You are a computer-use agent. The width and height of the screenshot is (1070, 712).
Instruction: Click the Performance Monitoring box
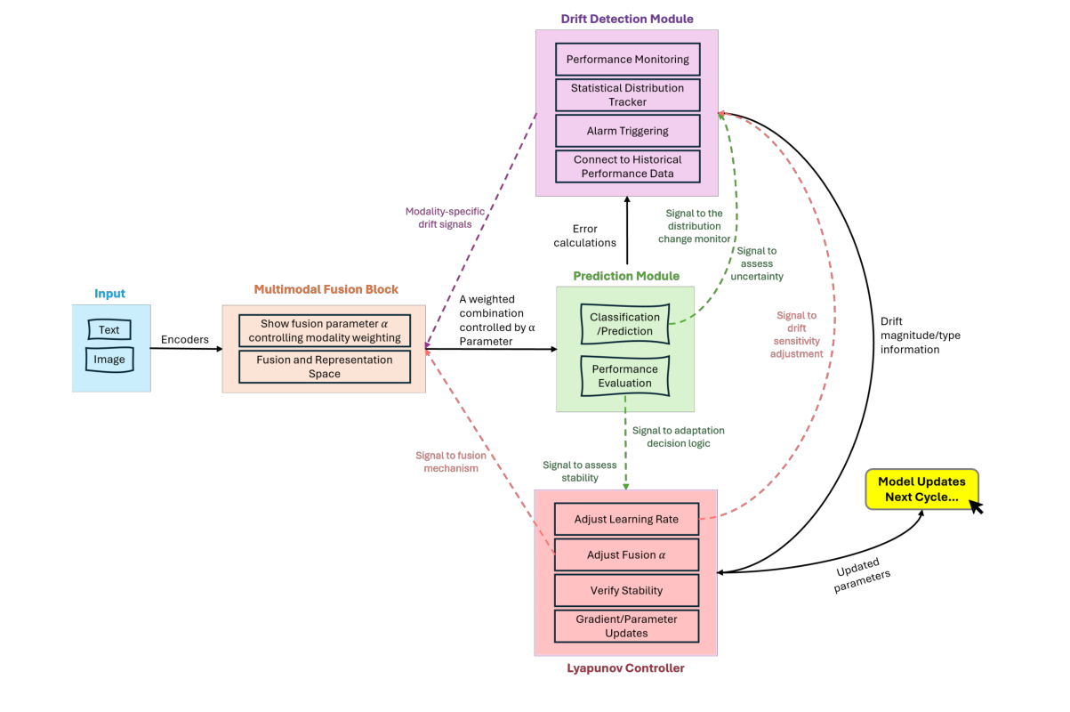pyautogui.click(x=627, y=60)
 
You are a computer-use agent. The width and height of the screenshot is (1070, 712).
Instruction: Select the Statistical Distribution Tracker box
pyautogui.click(x=627, y=95)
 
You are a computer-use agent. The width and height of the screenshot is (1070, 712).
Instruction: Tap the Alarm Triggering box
pyautogui.click(x=627, y=131)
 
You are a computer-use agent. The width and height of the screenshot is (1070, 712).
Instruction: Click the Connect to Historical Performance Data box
pyautogui.click(x=627, y=166)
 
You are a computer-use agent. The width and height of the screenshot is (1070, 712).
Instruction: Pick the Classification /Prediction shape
pyautogui.click(x=625, y=324)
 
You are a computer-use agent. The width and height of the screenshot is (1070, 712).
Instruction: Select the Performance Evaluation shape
pyautogui.click(x=625, y=376)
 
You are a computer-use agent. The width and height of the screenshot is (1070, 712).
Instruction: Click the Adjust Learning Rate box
pyautogui.click(x=626, y=520)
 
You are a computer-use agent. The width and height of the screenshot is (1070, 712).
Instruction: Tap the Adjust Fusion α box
pyautogui.click(x=626, y=555)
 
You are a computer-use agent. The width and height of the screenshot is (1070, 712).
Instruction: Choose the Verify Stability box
pyautogui.click(x=626, y=591)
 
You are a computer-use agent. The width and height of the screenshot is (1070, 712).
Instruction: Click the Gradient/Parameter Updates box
pyautogui.click(x=626, y=626)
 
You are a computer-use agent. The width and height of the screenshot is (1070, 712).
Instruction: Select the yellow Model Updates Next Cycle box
pyautogui.click(x=921, y=489)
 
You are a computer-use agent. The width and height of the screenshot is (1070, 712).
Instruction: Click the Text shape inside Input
pyautogui.click(x=109, y=330)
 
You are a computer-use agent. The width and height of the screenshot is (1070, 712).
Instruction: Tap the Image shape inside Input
pyautogui.click(x=109, y=360)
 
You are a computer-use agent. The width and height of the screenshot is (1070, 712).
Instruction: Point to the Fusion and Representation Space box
pyautogui.click(x=325, y=367)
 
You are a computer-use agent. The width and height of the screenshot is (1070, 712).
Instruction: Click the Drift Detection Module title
pyautogui.click(x=627, y=19)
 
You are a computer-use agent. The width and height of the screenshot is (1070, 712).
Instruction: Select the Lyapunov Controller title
pyautogui.click(x=626, y=667)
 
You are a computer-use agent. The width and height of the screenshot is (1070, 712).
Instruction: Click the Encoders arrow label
pyautogui.click(x=184, y=339)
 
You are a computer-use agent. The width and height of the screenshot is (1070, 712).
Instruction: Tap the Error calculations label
pyautogui.click(x=584, y=236)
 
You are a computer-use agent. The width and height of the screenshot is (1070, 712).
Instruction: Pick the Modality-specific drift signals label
pyautogui.click(x=445, y=217)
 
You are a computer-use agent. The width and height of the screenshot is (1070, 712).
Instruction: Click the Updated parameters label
pyautogui.click(x=862, y=575)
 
